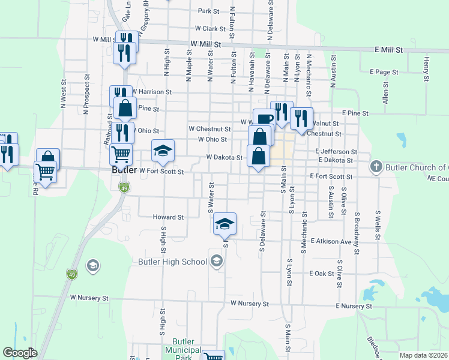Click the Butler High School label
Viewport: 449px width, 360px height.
(x=172, y=262)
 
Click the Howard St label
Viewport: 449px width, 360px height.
(x=167, y=217)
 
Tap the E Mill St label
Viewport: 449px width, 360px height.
(x=390, y=49)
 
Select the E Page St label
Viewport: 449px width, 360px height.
(x=384, y=72)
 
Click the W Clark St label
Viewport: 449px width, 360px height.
(x=209, y=28)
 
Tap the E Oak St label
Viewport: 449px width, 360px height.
(x=322, y=274)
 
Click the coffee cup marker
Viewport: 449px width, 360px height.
(x=264, y=118)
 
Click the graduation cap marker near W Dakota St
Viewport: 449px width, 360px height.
(x=163, y=151)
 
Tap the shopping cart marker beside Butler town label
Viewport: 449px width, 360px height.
(x=121, y=155)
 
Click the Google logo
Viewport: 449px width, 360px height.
(x=20, y=353)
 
